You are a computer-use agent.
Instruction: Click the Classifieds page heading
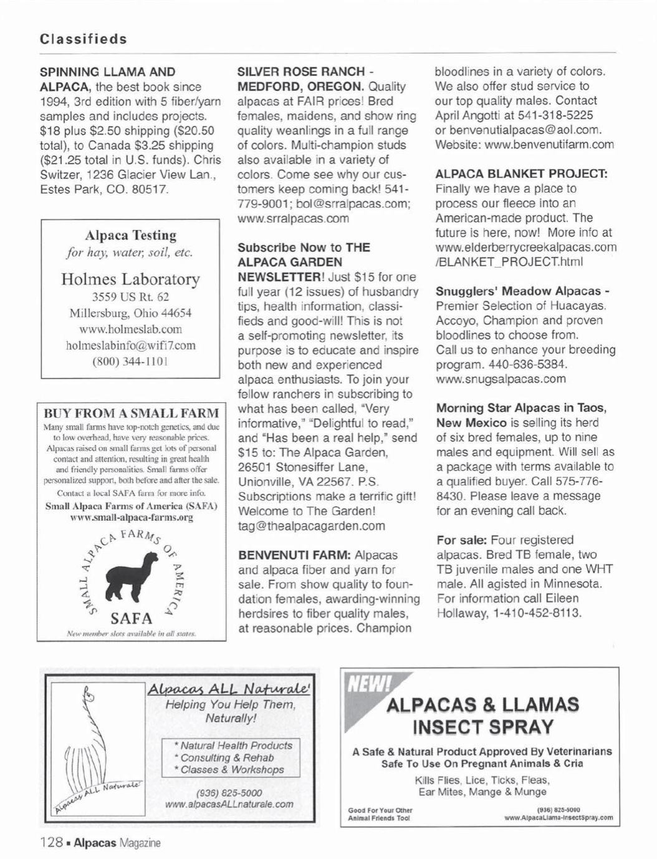tap(84, 39)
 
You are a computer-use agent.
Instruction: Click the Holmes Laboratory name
tap(130, 278)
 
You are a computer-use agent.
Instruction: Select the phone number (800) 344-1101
tap(130, 361)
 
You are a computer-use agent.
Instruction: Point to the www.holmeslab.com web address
tap(130, 329)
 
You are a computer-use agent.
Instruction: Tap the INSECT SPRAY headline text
tap(482, 727)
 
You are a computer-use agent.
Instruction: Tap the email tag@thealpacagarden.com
tap(312, 525)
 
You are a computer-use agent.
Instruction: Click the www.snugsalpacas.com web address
tap(501, 379)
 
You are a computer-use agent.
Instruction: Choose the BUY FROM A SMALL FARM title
tap(131, 413)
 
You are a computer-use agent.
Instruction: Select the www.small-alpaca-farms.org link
tap(131, 517)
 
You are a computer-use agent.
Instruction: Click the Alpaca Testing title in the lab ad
tap(130, 235)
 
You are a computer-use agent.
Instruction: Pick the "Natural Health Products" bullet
tap(233, 745)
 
